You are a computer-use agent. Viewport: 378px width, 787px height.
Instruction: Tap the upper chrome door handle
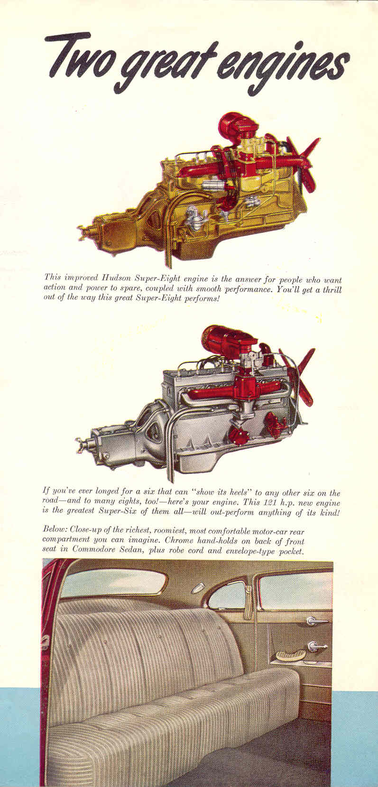[315, 621]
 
